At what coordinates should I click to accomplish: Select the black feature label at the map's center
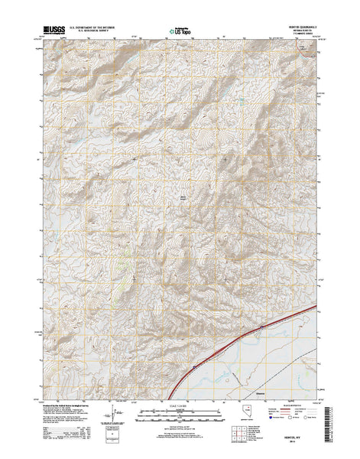[x=183, y=197]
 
